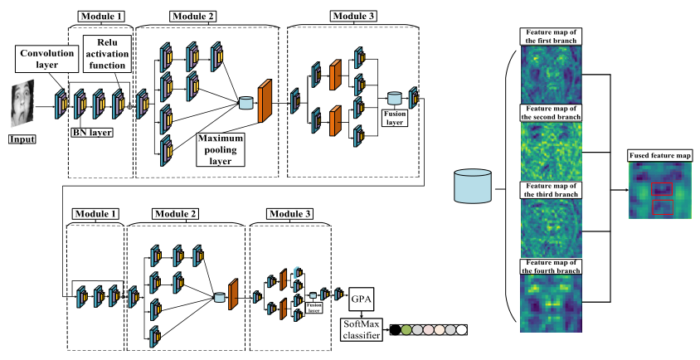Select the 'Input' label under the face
(x=23, y=139)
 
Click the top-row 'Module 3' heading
(x=352, y=16)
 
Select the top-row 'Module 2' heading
(x=192, y=16)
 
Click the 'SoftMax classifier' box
(x=362, y=328)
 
